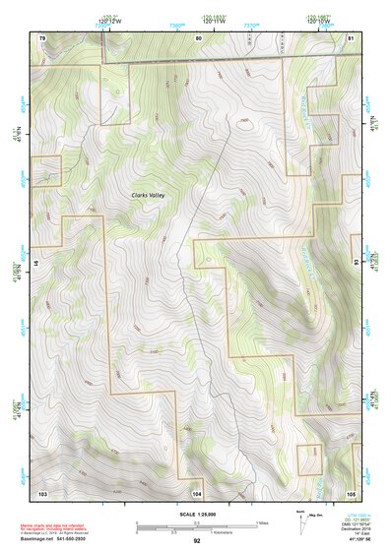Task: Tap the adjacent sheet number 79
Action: (x=42, y=36)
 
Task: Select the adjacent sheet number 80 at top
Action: (x=198, y=36)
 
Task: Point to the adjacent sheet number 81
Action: (x=351, y=36)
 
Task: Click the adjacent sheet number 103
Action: (x=42, y=491)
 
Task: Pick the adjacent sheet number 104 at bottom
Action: (x=197, y=491)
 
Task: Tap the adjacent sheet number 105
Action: (x=351, y=491)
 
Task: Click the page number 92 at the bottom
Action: (x=197, y=541)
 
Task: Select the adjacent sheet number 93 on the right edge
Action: (x=355, y=263)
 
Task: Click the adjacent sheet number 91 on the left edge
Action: (x=38, y=264)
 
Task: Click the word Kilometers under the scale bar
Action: (x=227, y=533)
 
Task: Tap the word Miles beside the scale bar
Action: (x=262, y=522)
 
